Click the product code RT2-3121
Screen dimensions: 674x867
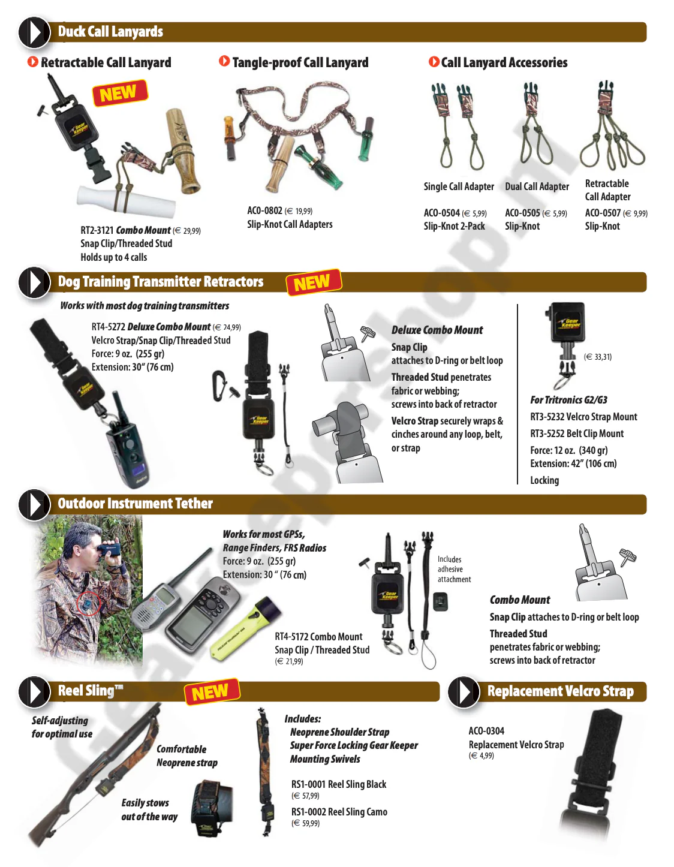(x=97, y=230)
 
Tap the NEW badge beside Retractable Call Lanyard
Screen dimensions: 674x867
(x=120, y=93)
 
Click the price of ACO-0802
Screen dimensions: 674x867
(x=298, y=211)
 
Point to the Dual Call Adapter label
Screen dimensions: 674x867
(x=537, y=186)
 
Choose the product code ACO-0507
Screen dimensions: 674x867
(x=603, y=213)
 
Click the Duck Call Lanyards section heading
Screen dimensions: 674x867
(x=110, y=32)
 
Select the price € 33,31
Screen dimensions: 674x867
(x=597, y=357)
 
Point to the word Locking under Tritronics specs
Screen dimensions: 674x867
(x=544, y=480)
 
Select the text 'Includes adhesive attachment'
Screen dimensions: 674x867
(x=454, y=569)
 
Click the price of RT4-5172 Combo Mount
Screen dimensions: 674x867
(x=289, y=661)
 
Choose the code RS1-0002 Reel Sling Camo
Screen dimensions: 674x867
(x=339, y=812)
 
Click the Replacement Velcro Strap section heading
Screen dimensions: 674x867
(x=560, y=691)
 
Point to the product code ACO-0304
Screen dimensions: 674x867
(x=486, y=730)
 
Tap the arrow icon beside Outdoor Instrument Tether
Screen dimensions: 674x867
(x=34, y=504)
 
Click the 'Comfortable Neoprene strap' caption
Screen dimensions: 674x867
(x=186, y=755)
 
